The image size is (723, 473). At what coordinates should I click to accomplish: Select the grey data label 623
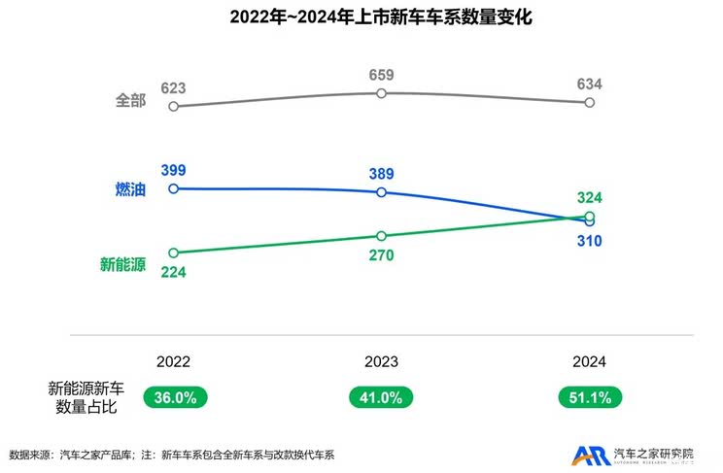tap(173, 88)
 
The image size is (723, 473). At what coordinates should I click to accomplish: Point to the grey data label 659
tap(381, 75)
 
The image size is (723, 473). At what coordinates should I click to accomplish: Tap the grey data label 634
tap(589, 84)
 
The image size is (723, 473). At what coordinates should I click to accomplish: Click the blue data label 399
tap(173, 171)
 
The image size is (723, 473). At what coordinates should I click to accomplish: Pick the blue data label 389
tap(381, 174)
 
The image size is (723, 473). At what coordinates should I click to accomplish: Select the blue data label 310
tap(589, 240)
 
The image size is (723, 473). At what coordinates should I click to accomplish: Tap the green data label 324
tap(589, 198)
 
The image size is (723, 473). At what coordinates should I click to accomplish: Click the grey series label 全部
tap(130, 100)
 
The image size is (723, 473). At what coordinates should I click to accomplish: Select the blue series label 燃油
tap(130, 189)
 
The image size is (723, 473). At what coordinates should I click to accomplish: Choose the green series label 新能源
tap(122, 263)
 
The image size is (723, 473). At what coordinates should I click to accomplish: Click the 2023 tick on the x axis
tap(381, 360)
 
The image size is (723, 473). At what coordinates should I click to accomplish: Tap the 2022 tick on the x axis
tap(173, 360)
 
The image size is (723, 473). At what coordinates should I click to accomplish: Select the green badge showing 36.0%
tap(174, 397)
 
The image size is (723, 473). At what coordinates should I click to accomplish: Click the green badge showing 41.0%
tap(381, 397)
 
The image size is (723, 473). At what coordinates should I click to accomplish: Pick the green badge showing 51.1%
tap(589, 397)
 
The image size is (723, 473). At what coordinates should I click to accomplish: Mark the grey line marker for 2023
tap(381, 93)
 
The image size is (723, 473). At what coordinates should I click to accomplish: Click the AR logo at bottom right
tap(589, 455)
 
